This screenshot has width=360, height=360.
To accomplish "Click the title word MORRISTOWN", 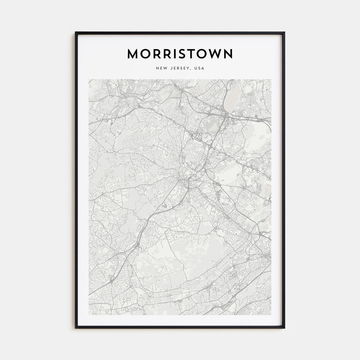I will [x=180, y=54].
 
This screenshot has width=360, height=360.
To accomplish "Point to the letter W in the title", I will [x=213, y=54].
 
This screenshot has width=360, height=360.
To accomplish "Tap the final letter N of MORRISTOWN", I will [x=228, y=54].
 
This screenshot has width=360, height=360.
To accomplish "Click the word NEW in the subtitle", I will [x=161, y=68].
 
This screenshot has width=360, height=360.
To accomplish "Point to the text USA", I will [x=199, y=68].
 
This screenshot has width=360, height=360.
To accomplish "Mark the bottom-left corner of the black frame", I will [x=76, y=328].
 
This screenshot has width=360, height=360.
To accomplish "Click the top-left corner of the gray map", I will [x=89, y=79].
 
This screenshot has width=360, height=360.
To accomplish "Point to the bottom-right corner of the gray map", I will [x=271, y=315].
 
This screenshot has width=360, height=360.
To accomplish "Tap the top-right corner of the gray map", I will [x=271, y=79].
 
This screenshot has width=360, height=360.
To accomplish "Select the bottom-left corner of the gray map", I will [x=89, y=315].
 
